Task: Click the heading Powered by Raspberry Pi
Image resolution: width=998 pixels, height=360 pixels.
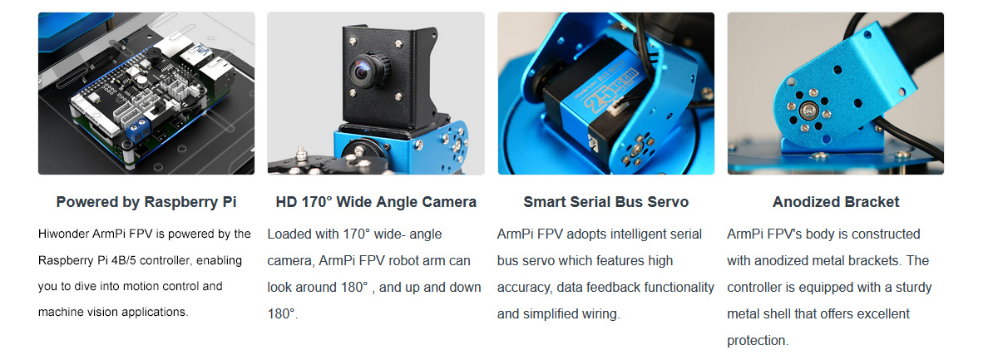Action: (146, 202)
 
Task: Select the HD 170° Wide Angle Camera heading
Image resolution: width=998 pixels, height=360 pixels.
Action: (376, 202)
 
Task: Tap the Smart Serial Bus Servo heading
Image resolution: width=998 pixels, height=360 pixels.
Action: (606, 202)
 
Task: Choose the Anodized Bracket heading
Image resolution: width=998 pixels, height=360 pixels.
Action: (836, 202)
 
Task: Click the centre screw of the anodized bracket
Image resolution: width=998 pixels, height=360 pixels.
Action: (808, 110)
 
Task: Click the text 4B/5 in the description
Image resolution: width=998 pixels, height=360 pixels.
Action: (123, 260)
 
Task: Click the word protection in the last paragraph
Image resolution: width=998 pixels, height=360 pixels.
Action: (758, 340)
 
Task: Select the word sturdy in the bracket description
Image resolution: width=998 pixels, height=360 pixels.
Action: (913, 288)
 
